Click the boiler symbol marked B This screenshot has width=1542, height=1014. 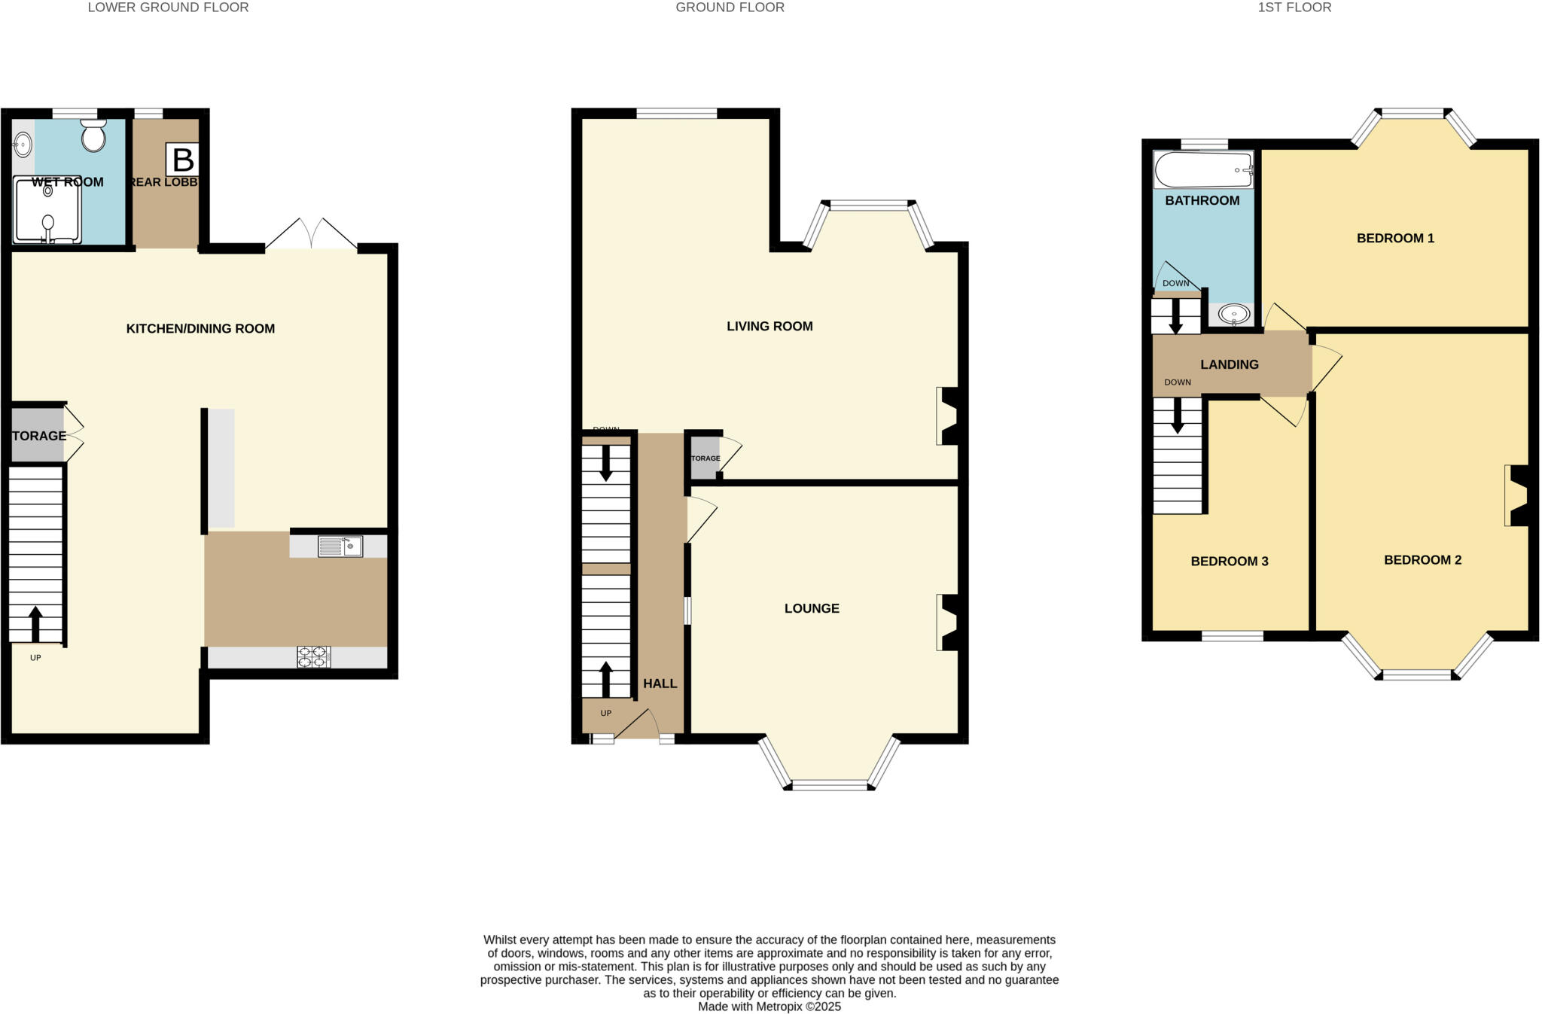click(x=183, y=160)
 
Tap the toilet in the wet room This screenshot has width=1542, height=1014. click(x=93, y=136)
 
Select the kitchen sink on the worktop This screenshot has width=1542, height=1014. click(x=340, y=546)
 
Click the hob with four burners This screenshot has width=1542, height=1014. click(x=313, y=656)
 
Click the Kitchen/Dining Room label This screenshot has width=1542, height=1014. click(x=200, y=328)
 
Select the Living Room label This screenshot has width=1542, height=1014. click(x=769, y=326)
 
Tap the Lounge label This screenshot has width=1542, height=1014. click(x=812, y=608)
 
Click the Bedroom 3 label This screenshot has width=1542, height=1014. click(x=1230, y=561)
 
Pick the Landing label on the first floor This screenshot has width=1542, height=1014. click(x=1230, y=364)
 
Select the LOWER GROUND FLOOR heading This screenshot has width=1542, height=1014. click(x=168, y=8)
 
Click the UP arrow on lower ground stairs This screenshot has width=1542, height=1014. click(x=35, y=623)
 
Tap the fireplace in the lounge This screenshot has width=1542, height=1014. click(x=948, y=623)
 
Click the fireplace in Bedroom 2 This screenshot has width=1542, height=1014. click(x=1516, y=495)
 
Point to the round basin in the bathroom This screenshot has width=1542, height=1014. click(x=1233, y=313)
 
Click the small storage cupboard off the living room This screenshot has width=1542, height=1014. click(x=705, y=458)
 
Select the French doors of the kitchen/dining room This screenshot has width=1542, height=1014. click(x=311, y=235)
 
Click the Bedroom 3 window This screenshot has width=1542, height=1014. click(x=1233, y=637)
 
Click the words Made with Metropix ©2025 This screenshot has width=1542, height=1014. click(x=769, y=1006)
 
